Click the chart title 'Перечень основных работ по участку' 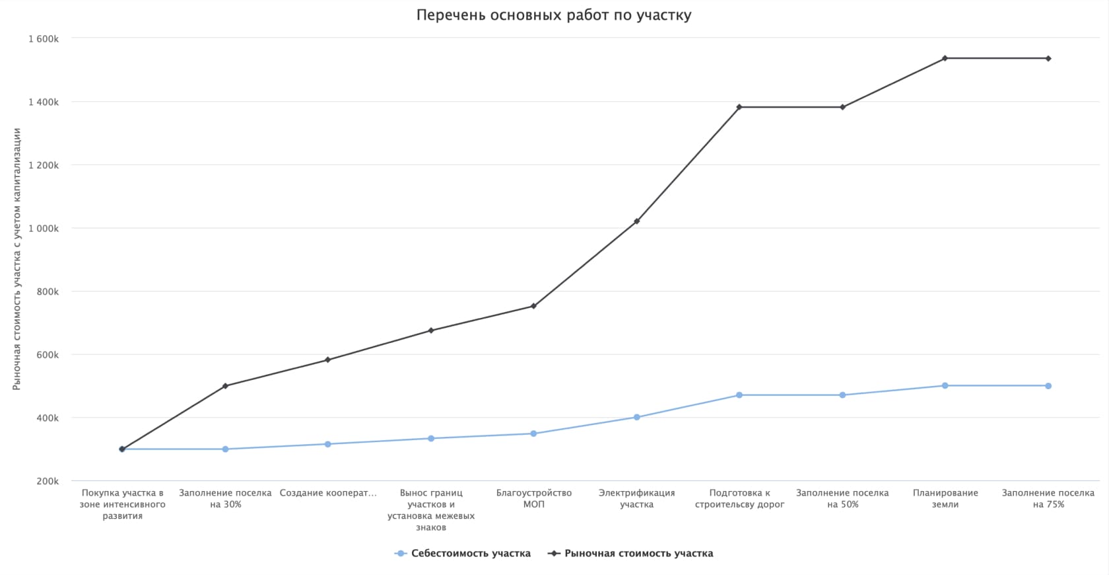tap(554, 15)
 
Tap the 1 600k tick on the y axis tap(44, 39)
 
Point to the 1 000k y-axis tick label tap(44, 229)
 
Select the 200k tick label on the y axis tap(48, 481)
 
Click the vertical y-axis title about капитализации tap(17, 259)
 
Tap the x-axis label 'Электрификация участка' tap(636, 498)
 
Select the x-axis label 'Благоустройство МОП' tap(534, 498)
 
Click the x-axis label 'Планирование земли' tap(945, 498)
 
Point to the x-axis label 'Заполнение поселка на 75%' tap(1048, 498)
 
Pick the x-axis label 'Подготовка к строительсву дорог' tap(739, 498)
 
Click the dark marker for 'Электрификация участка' tap(636, 221)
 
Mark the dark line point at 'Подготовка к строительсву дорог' tap(739, 107)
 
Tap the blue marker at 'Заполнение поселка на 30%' tap(225, 449)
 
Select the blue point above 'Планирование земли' tap(945, 385)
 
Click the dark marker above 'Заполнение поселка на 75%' tap(1048, 59)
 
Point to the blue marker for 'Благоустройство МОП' tap(533, 434)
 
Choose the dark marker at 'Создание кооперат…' tap(327, 360)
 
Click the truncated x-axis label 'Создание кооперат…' tap(328, 493)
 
